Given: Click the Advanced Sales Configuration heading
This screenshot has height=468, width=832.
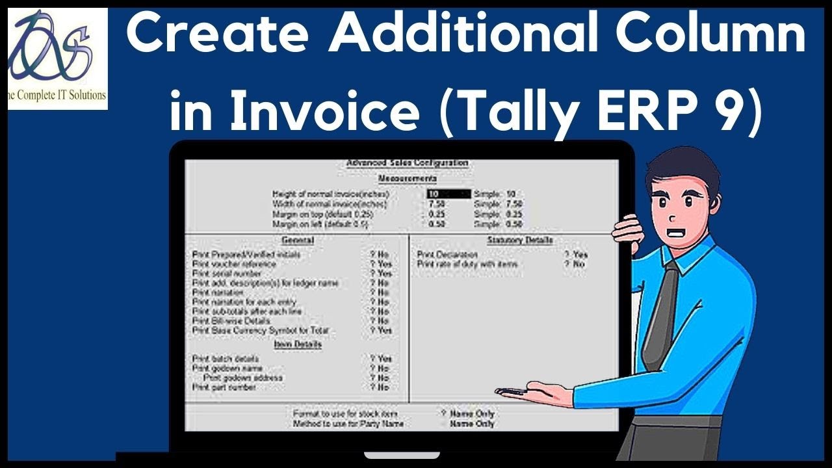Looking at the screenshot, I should tap(408, 162).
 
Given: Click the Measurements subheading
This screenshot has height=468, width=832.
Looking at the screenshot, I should tap(408, 178).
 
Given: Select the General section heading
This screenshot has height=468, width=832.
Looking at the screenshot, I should tap(298, 240).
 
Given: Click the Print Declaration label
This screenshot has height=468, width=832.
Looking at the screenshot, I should tap(448, 255).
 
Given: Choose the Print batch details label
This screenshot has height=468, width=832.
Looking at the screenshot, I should tap(226, 359).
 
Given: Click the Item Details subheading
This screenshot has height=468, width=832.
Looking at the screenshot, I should tap(298, 344).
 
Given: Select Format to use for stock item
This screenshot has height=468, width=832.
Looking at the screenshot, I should tap(345, 413).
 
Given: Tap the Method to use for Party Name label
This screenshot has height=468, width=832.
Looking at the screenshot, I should tap(348, 424).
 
